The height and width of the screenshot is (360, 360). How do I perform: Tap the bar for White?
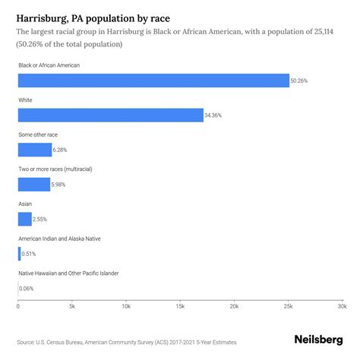tap(110, 115)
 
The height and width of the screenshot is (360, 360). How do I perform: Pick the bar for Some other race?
tap(34, 150)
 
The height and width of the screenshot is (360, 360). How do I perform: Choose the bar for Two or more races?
tap(33, 184)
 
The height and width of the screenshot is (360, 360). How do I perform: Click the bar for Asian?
tap(24, 219)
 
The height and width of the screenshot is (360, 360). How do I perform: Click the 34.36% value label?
tap(214, 115)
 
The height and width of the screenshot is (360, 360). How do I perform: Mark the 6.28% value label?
tap(62, 150)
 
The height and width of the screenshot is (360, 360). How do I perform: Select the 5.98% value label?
tap(60, 184)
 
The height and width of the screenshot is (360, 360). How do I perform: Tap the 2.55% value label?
tap(42, 219)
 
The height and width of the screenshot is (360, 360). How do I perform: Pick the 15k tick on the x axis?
tap(180, 307)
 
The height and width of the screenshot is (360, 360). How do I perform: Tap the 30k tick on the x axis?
tap(342, 307)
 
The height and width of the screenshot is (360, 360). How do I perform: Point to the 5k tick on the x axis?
tap(71, 307)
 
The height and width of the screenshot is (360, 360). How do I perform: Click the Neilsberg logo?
tap(318, 341)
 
